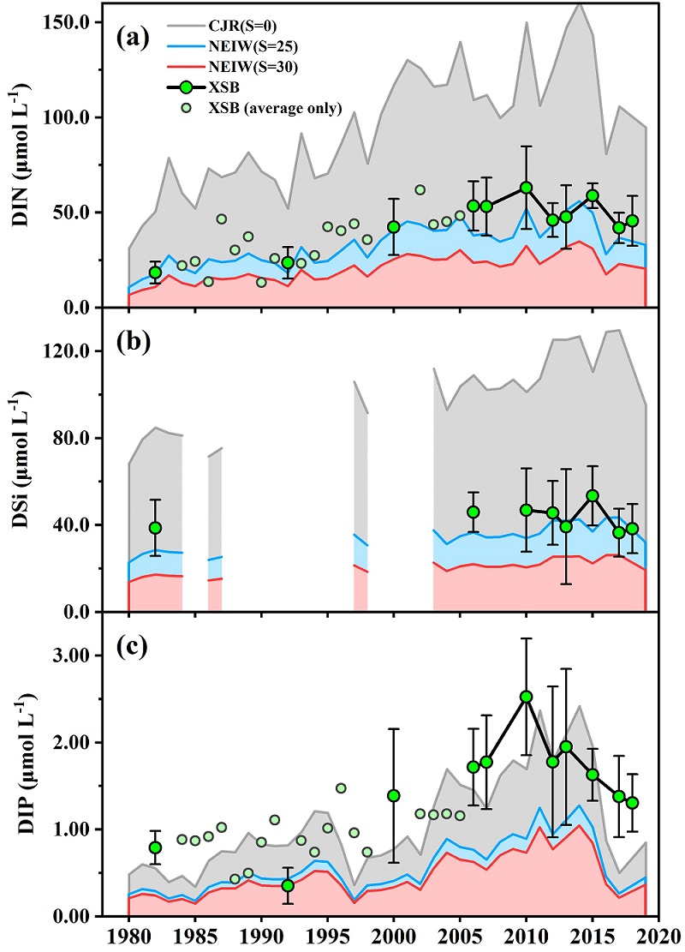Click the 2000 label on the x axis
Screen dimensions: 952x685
pos(394,935)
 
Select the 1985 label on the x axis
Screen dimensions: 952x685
pos(195,935)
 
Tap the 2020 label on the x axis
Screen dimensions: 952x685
pos(658,935)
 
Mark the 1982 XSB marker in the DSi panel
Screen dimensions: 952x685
pos(155,528)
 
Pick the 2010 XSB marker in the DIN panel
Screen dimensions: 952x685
pos(527,188)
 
